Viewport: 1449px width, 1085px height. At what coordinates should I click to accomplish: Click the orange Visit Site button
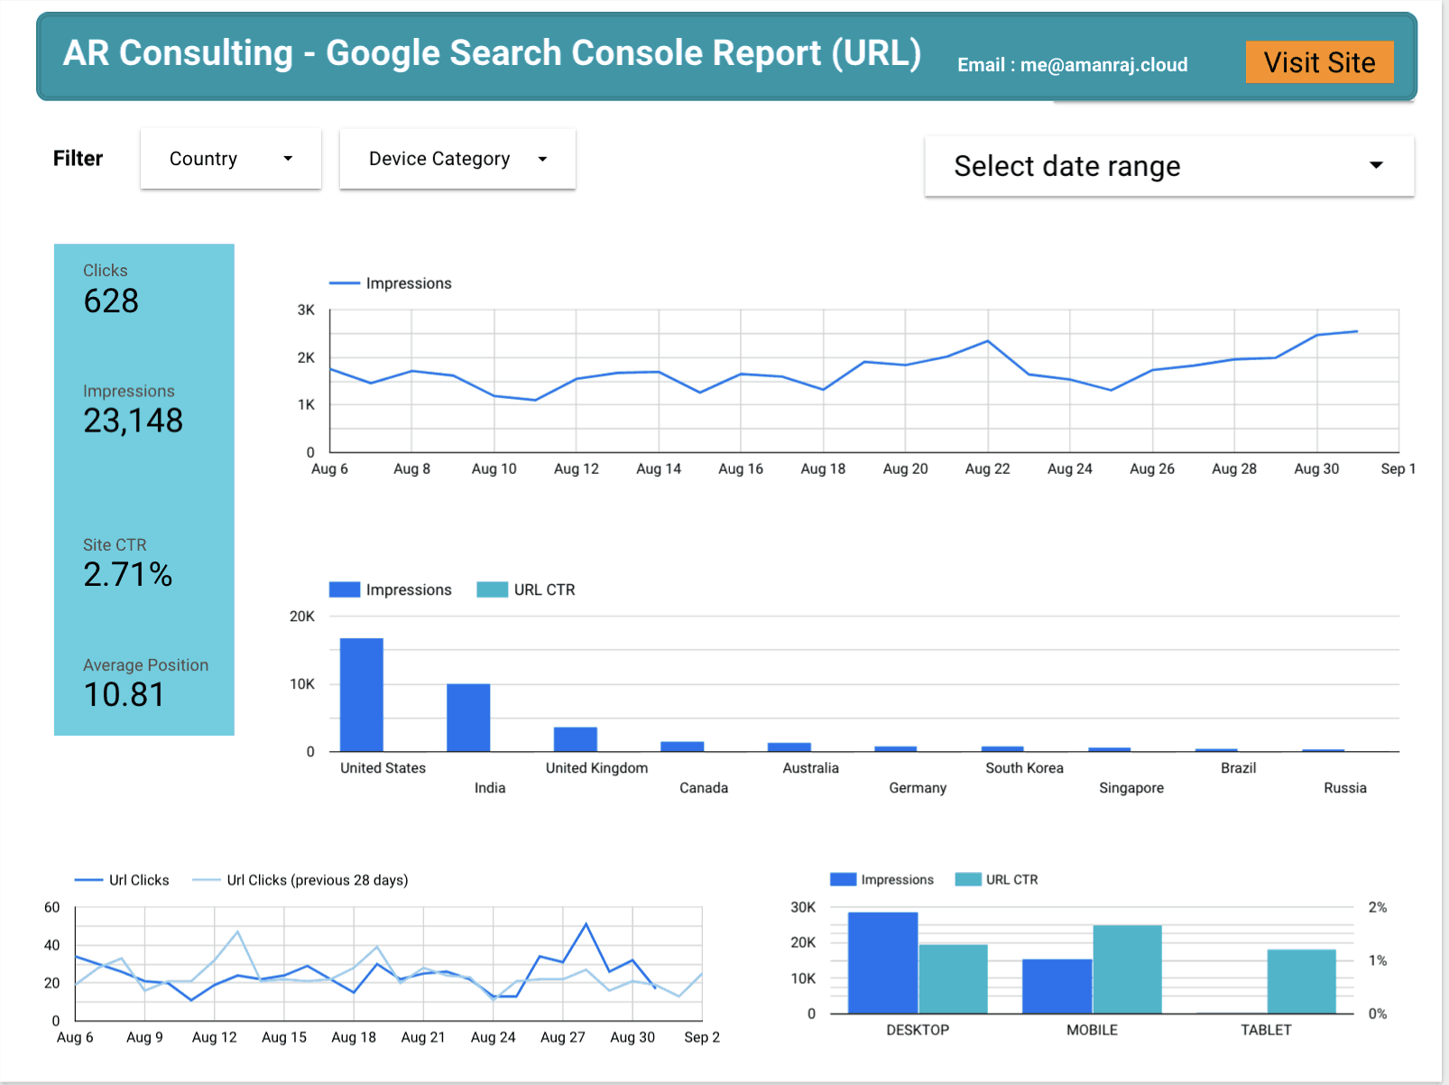pos(1319,62)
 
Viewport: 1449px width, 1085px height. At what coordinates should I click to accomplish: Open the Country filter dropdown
pos(231,159)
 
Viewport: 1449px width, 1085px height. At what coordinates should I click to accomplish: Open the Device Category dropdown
pos(457,159)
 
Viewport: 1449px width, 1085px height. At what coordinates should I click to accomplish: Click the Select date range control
pos(1168,166)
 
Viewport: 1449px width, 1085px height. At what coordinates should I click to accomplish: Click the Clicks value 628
pos(111,301)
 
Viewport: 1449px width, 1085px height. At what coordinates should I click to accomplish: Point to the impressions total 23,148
pos(133,421)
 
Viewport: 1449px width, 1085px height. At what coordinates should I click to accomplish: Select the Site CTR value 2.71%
pos(127,574)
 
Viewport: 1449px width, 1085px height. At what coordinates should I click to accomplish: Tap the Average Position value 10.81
pos(124,694)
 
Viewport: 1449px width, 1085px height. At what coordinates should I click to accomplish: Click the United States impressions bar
pos(361,694)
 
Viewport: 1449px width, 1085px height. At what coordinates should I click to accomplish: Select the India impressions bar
pos(468,718)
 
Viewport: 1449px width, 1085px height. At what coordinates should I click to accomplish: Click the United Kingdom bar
pos(575,739)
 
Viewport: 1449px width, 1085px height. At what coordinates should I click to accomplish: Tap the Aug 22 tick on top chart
pos(987,468)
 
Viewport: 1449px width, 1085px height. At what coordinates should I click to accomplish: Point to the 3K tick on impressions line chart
pos(306,310)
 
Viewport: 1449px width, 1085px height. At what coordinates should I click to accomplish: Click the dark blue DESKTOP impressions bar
pos(882,963)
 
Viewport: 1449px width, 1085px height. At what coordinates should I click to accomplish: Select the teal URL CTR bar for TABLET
pos(1301,981)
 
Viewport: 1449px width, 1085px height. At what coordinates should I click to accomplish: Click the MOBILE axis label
pos(1092,1030)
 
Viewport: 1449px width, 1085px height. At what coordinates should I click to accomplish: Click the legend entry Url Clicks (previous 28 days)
pos(317,880)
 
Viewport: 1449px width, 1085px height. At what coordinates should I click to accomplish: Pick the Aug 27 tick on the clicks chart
pos(562,1037)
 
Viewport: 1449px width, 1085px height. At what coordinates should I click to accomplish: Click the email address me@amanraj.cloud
pos(1103,65)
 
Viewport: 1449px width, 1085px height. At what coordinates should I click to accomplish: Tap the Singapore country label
pos(1131,788)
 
